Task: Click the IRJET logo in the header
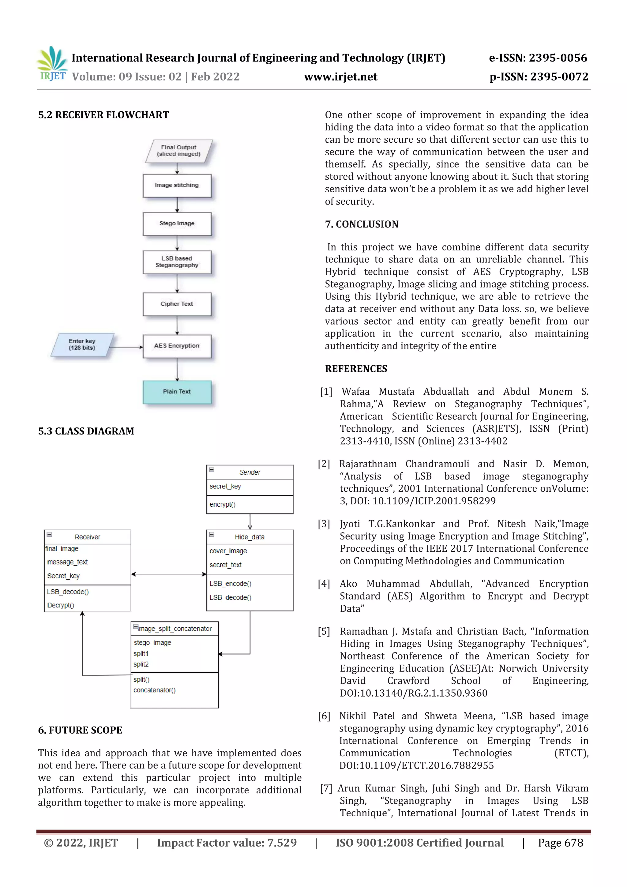[x=52, y=64]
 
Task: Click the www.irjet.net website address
[x=340, y=77]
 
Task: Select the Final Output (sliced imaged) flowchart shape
[x=178, y=151]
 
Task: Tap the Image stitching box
[x=177, y=186]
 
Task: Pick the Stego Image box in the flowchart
[x=177, y=224]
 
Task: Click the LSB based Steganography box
[x=177, y=262]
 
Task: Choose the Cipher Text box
[x=177, y=304]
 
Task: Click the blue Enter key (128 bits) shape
[x=82, y=344]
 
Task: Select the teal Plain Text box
[x=177, y=392]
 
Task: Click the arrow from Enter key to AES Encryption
[x=126, y=347]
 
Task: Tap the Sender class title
[x=250, y=472]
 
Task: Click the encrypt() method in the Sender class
[x=223, y=505]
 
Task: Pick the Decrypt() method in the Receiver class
[x=61, y=605]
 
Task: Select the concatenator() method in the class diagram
[x=155, y=690]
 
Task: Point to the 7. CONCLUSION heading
[x=361, y=224]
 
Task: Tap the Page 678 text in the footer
[x=560, y=843]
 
